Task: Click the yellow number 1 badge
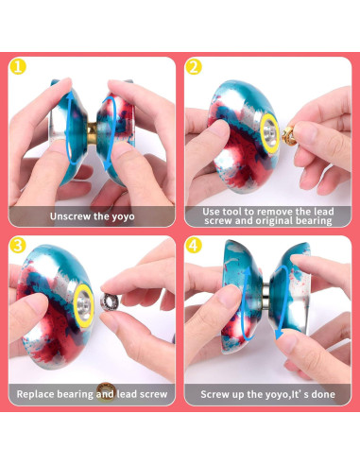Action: click(x=19, y=67)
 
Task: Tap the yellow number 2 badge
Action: click(x=195, y=67)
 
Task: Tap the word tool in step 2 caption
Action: click(x=235, y=211)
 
